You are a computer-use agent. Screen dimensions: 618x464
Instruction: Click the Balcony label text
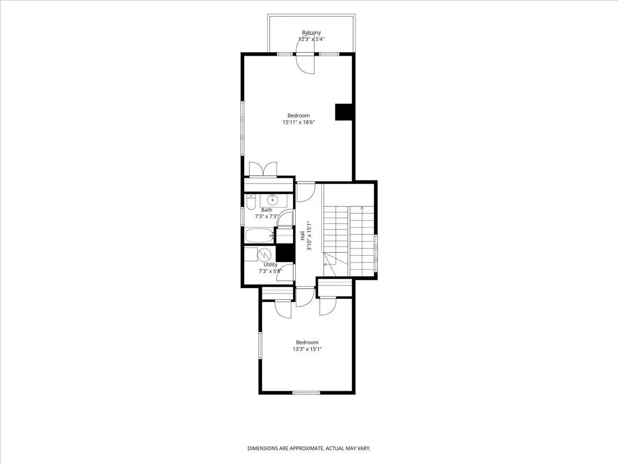pos(311,32)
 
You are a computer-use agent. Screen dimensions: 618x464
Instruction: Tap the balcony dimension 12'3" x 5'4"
pos(312,40)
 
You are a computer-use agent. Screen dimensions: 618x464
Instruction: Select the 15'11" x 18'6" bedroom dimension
pos(298,122)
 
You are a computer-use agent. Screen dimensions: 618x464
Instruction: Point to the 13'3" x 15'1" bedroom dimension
pos(307,350)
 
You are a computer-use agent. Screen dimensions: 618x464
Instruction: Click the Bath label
pos(267,210)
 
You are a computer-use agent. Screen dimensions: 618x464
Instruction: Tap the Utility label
pos(270,264)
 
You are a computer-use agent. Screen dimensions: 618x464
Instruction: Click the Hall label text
pos(303,236)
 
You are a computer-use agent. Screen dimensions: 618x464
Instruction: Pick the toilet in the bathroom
pos(251,202)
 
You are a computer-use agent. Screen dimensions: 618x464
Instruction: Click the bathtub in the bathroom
pos(260,235)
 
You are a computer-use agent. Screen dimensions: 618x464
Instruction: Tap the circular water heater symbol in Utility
pos(264,255)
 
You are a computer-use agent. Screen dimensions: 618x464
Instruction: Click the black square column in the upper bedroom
pos(344,112)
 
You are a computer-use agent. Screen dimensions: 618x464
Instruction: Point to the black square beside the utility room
pos(285,252)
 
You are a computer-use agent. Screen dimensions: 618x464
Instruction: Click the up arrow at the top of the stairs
pos(362,208)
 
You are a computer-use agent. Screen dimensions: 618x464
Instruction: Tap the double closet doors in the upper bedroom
pos(263,169)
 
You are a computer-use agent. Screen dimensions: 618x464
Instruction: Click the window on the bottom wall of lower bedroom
pos(306,392)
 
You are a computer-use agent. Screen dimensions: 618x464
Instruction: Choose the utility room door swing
pos(285,272)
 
